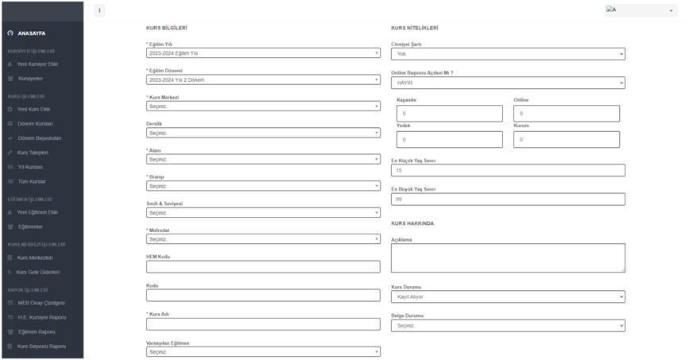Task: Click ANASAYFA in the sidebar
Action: point(31,33)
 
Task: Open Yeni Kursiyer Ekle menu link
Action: point(37,64)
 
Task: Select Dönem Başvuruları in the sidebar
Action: point(39,138)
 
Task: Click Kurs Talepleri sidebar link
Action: point(33,153)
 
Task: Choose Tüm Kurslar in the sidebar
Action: point(32,182)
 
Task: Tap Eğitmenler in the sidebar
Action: point(30,227)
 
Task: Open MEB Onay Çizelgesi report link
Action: point(41,303)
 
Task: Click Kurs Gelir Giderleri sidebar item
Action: point(38,273)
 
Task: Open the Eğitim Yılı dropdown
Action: point(263,53)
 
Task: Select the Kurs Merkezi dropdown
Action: point(263,106)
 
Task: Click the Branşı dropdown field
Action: point(263,186)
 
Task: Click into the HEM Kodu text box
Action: point(263,267)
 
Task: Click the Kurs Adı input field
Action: point(263,324)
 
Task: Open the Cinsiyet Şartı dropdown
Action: point(508,54)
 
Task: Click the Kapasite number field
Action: point(449,114)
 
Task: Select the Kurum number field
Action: point(566,140)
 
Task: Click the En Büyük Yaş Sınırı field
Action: point(508,199)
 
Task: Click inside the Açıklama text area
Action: point(508,258)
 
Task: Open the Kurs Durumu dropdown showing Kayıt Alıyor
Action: point(508,297)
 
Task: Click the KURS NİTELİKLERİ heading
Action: point(414,28)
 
